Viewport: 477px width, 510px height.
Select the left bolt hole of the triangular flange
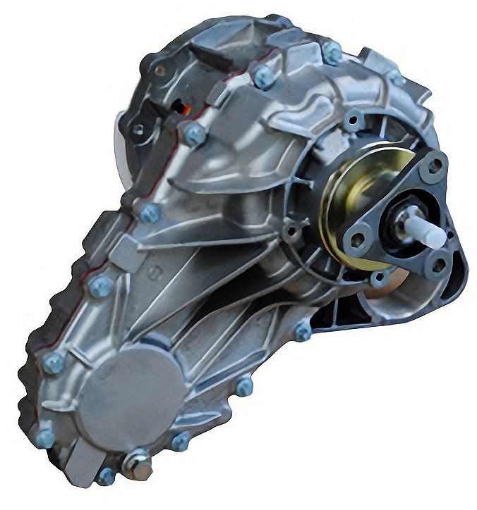(358, 240)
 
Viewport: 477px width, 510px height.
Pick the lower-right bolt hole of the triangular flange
(438, 265)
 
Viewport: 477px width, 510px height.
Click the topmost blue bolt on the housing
(331, 51)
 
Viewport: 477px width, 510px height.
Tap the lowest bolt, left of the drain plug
(106, 476)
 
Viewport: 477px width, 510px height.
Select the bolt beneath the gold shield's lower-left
(302, 330)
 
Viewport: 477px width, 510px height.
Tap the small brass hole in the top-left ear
(160, 70)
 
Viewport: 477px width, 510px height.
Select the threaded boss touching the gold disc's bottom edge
(379, 278)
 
